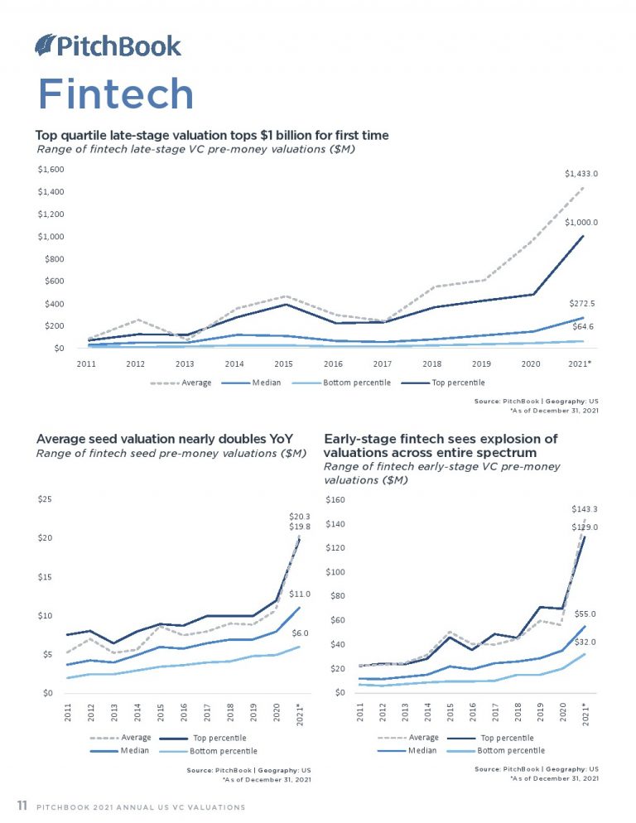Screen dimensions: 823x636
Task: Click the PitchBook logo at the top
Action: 108,46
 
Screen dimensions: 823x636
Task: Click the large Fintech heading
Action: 115,94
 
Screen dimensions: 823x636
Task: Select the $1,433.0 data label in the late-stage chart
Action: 581,173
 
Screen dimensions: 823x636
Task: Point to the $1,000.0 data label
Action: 581,223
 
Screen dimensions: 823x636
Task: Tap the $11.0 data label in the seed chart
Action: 300,594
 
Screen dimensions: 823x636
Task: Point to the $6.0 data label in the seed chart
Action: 301,633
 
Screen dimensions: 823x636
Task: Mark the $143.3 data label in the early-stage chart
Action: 585,509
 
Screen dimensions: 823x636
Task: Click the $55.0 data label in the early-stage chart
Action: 585,614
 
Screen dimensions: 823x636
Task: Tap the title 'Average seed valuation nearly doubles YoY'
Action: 165,438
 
